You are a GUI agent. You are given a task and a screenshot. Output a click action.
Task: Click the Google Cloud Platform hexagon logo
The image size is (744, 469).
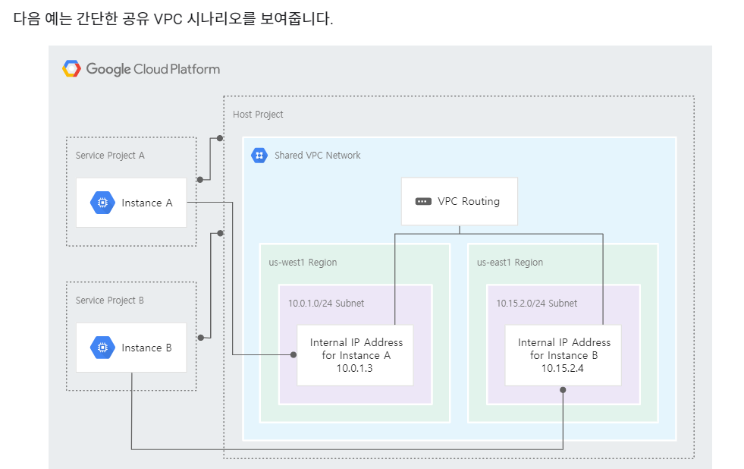pos(71,69)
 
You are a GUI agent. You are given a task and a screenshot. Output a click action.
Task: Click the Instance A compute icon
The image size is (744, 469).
pos(102,203)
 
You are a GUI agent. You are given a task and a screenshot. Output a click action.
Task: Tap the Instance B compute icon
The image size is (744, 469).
pos(102,348)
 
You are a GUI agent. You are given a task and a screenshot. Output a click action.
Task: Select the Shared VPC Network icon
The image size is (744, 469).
pos(259,155)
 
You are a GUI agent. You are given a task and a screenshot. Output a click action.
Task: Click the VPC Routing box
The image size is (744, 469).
pos(459,201)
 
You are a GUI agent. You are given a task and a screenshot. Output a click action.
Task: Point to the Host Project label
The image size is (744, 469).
pos(258,115)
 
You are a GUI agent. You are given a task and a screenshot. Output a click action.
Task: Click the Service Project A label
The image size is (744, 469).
pos(110,155)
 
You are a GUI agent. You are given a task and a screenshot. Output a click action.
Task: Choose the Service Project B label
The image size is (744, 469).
pos(110,301)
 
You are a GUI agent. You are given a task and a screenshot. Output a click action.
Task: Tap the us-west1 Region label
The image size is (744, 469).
pos(303,263)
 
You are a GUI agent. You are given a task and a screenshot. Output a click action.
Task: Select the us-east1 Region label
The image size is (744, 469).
pos(510,263)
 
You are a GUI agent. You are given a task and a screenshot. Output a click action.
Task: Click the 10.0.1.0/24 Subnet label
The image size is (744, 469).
pos(326,303)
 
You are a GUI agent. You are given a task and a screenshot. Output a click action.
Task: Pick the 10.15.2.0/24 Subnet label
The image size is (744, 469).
pos(537,303)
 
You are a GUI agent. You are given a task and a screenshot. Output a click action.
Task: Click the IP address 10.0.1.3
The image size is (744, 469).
pos(355,368)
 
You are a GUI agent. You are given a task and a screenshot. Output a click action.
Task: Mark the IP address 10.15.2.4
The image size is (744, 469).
pos(563,368)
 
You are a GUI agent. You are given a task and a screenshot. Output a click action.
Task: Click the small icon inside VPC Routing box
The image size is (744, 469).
pos(423,202)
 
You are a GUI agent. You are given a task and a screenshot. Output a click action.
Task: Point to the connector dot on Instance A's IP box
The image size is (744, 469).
pos(293,354)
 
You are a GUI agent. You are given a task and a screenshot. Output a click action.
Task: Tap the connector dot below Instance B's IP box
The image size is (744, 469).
pos(563,390)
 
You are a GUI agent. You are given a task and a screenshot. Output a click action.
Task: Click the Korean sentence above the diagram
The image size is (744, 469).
pos(173,19)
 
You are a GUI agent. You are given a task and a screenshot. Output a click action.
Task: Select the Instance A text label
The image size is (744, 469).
pos(147,203)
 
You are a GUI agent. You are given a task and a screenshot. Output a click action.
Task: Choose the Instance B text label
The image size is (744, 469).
pos(147,348)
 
